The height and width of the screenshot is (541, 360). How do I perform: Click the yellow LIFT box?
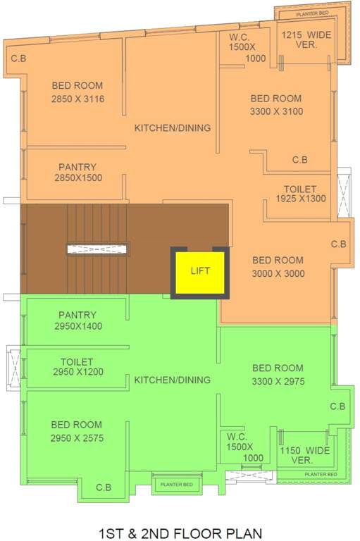click(201, 271)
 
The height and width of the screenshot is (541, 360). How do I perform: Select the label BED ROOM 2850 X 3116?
click(77, 92)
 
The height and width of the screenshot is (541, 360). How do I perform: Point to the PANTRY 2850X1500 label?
click(77, 172)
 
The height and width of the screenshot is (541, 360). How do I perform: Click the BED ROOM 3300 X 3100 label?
click(275, 105)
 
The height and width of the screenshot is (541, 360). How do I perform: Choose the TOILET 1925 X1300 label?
click(299, 194)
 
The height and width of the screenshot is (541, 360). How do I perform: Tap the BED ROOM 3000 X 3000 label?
click(278, 266)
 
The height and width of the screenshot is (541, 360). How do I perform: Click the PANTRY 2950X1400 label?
click(77, 321)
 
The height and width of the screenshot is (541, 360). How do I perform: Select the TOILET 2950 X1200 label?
click(77, 366)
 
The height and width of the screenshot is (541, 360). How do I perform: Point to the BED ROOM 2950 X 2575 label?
click(77, 431)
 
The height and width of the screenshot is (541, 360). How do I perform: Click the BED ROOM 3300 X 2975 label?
click(278, 374)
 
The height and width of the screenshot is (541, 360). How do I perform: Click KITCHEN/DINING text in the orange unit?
click(173, 128)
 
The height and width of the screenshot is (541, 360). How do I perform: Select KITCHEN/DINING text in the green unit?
click(173, 380)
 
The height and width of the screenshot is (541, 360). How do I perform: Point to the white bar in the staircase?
click(99, 248)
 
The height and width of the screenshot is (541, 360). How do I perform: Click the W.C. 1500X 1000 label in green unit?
click(242, 447)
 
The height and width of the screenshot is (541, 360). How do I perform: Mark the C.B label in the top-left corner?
click(19, 58)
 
